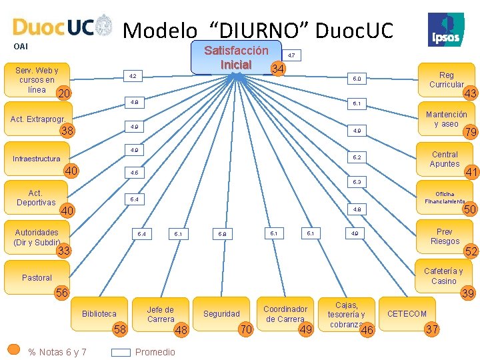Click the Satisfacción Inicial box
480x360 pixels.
point(236,58)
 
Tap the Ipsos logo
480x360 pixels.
point(446,29)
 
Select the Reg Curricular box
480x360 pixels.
point(446,80)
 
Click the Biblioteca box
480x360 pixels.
point(99,313)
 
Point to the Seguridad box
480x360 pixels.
point(221,313)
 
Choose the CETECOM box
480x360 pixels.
point(407,313)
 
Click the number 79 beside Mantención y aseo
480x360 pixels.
point(471,132)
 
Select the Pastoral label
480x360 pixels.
point(37,277)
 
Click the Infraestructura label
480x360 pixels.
point(37,159)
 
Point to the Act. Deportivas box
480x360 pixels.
point(36,197)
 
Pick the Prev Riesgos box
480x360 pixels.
point(445,237)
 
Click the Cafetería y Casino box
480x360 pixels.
point(443,276)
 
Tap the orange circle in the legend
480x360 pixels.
point(14,349)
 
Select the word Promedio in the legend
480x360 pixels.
point(155,352)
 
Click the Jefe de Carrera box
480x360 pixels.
point(160,314)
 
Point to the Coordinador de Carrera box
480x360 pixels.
point(285,314)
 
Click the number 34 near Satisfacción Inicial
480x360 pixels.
point(279,69)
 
